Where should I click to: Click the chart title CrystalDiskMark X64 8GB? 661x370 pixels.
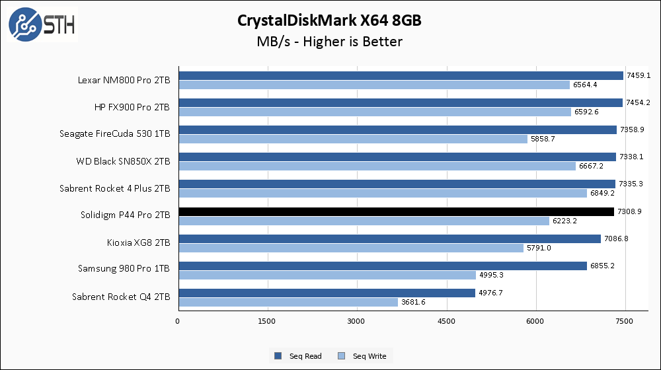pos(330,20)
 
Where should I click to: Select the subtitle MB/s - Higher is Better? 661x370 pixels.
pos(330,42)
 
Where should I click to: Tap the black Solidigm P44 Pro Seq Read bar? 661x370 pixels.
pos(396,211)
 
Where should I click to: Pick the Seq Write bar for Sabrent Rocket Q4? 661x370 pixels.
pos(288,302)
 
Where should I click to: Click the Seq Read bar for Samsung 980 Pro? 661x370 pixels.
pos(382,266)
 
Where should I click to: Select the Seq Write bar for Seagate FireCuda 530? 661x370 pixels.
pos(352,139)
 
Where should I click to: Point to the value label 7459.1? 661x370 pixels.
pos(638,75)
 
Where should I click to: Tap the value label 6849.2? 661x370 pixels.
pos(602,194)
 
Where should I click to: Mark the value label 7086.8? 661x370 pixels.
pos(615,239)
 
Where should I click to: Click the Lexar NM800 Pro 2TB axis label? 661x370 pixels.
pos(123,80)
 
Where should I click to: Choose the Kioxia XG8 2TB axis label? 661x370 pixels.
pos(138,242)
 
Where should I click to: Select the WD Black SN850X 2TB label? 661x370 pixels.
pos(123,161)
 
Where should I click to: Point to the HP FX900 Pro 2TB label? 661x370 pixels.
pos(132,107)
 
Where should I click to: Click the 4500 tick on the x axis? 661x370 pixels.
pos(446,322)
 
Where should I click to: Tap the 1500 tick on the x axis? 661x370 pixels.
pos(267,322)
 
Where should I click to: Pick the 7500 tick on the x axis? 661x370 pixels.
pos(625,322)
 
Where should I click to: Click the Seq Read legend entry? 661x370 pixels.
pos(299,356)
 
